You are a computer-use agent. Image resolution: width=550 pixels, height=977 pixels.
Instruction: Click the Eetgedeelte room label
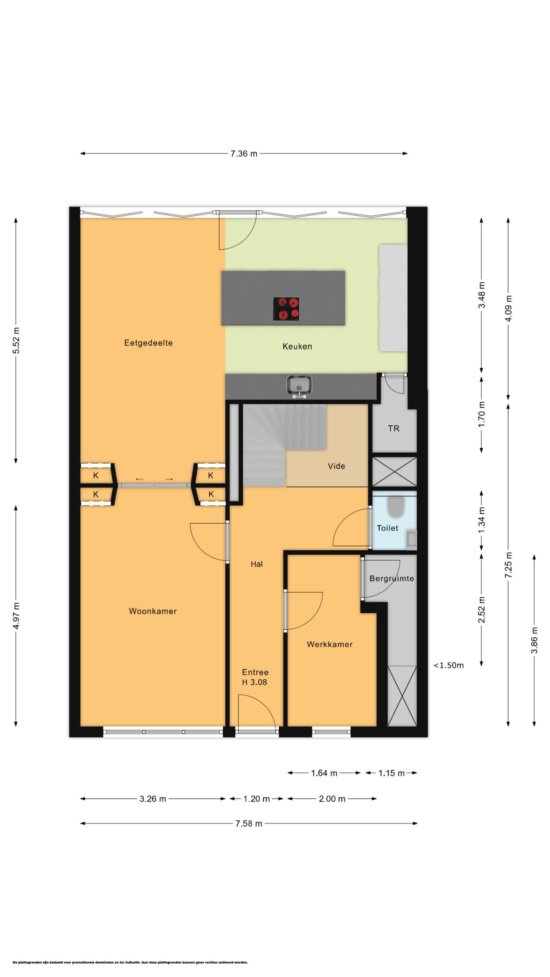tap(148, 343)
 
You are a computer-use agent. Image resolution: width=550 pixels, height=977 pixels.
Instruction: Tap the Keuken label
tap(297, 346)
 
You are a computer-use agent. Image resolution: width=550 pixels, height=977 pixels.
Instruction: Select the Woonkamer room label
tap(153, 611)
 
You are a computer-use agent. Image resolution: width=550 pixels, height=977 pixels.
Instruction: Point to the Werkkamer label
tap(330, 644)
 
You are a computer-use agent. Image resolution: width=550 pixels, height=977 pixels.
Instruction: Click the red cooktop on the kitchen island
tap(286, 309)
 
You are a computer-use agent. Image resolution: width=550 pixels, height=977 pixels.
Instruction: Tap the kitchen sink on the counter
tap(299, 386)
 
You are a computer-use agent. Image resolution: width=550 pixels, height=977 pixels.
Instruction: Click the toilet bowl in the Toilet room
tap(396, 507)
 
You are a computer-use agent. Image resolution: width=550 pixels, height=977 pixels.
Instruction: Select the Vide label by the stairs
tap(336, 466)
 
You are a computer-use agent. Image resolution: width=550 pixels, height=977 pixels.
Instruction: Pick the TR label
tap(393, 429)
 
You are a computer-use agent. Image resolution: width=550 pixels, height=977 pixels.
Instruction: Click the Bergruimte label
tap(391, 579)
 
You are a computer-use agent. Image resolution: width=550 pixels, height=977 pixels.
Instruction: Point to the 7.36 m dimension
tap(244, 153)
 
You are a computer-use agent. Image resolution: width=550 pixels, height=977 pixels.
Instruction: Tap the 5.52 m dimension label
tap(16, 340)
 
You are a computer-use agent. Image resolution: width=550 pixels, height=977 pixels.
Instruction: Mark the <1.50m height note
tap(448, 665)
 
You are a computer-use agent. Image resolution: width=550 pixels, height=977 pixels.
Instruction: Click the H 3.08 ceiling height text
tap(254, 682)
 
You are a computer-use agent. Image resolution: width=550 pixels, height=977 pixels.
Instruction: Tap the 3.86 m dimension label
tap(534, 640)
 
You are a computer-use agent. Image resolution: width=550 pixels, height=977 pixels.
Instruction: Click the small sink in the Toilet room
tap(411, 538)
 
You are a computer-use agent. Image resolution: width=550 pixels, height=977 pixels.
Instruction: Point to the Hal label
tap(257, 564)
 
